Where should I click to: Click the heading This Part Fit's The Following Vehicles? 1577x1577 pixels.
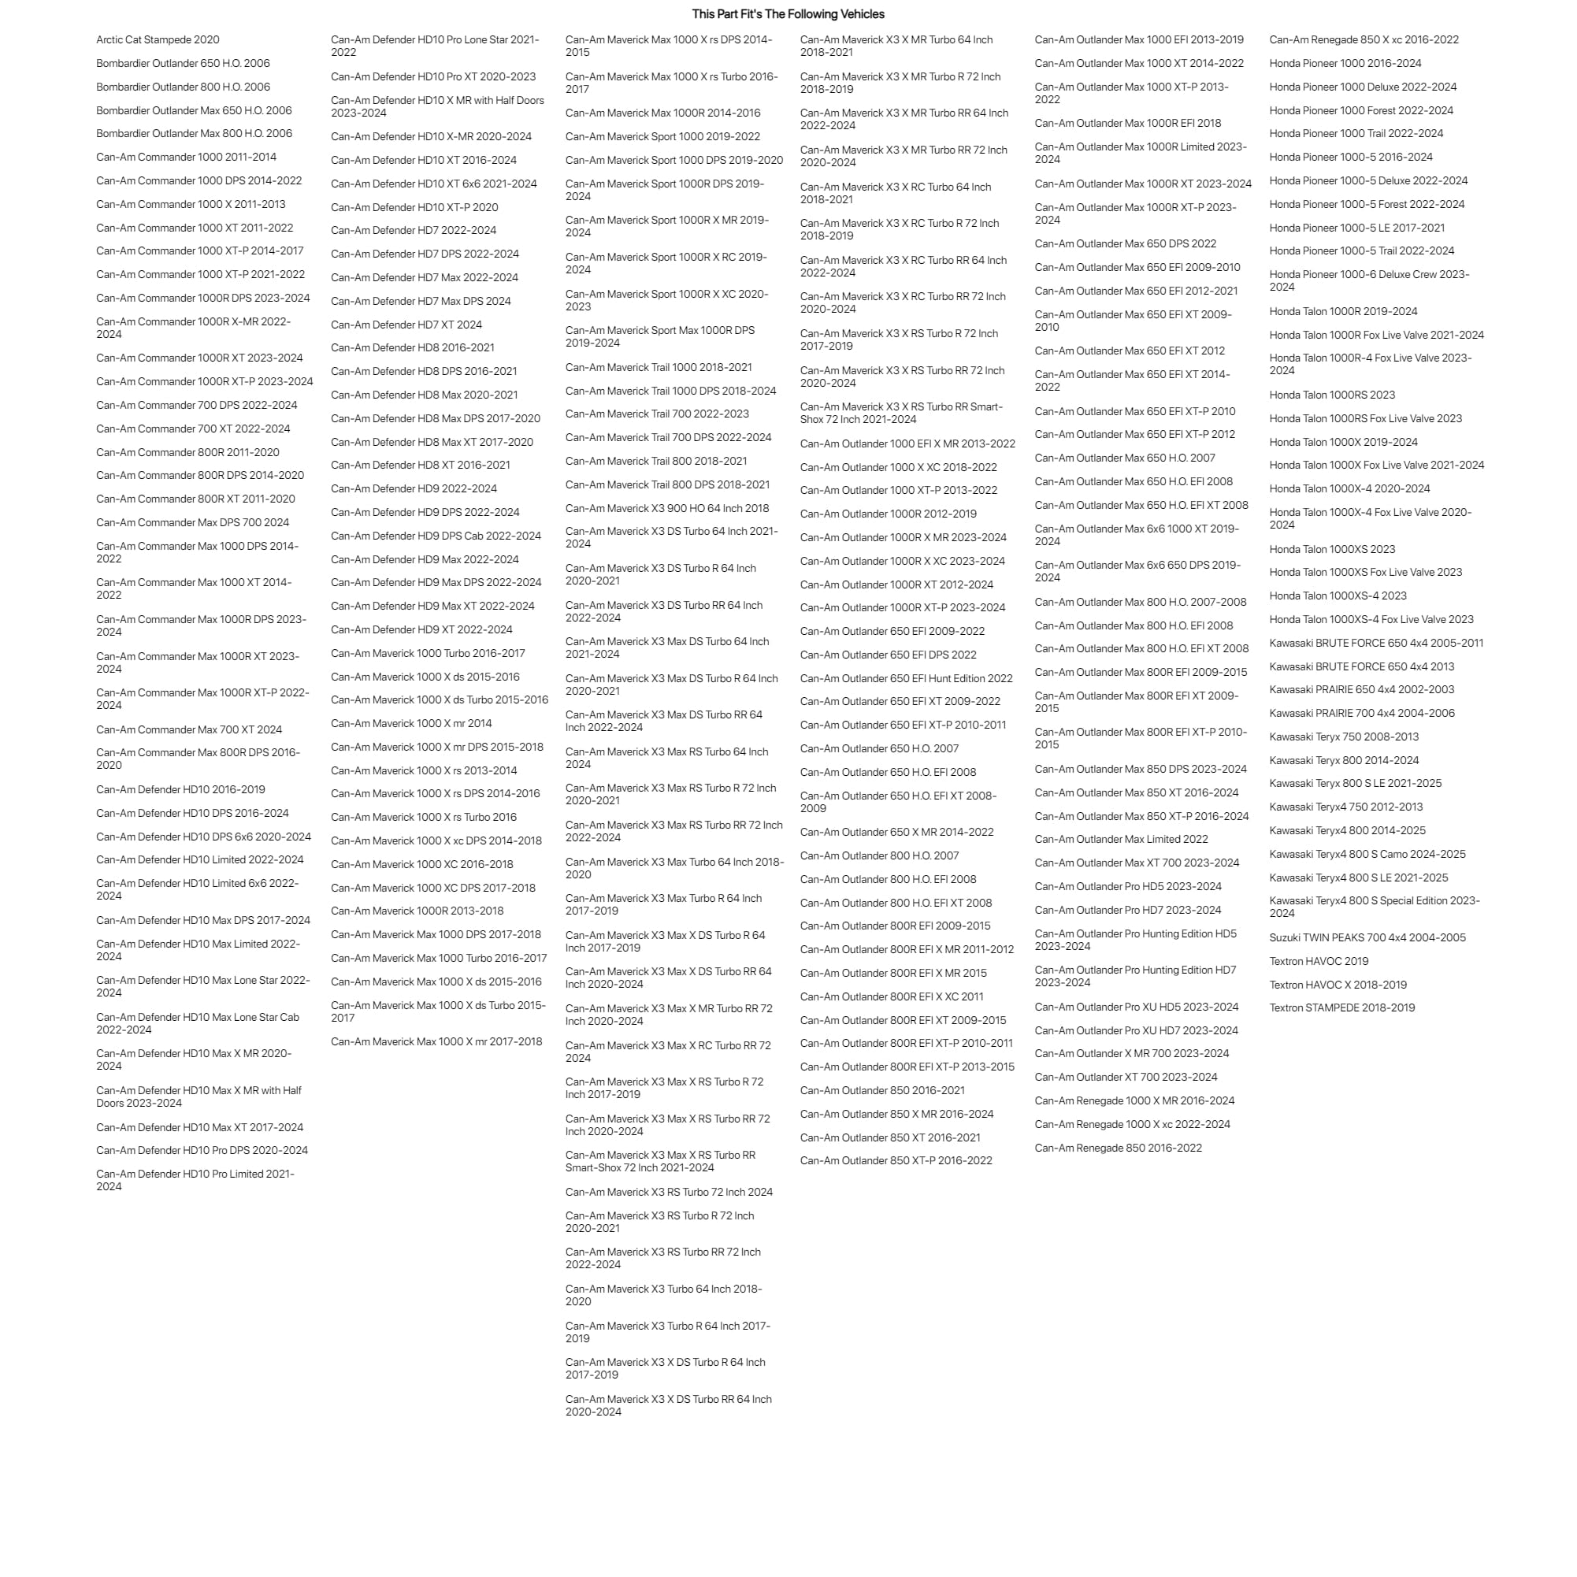(788, 14)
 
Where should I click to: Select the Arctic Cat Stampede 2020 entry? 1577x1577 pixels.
(158, 39)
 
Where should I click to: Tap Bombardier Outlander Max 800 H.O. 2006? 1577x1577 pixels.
(194, 133)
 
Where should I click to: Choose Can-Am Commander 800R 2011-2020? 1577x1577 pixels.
(187, 452)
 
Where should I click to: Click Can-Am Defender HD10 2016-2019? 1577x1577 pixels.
(180, 789)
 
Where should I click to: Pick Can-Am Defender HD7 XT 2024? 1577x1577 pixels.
(406, 325)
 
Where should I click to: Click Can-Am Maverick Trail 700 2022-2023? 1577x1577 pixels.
(656, 414)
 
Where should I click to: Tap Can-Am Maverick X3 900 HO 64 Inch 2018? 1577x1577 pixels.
(667, 508)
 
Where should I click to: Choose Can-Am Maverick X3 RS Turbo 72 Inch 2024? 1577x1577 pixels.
(669, 1192)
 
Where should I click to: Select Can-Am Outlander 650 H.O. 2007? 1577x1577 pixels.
(879, 748)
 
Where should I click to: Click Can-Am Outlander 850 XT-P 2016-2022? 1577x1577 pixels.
(896, 1161)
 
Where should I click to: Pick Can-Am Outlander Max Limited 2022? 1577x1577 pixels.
(1121, 839)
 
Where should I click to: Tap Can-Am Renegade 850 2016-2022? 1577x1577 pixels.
(1118, 1148)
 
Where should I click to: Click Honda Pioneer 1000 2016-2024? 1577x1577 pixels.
(1345, 63)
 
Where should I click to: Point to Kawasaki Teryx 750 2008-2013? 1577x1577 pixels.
(1344, 737)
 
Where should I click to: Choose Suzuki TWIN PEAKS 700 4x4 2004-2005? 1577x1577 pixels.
(1367, 938)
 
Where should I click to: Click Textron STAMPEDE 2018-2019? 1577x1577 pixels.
(1341, 1007)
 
